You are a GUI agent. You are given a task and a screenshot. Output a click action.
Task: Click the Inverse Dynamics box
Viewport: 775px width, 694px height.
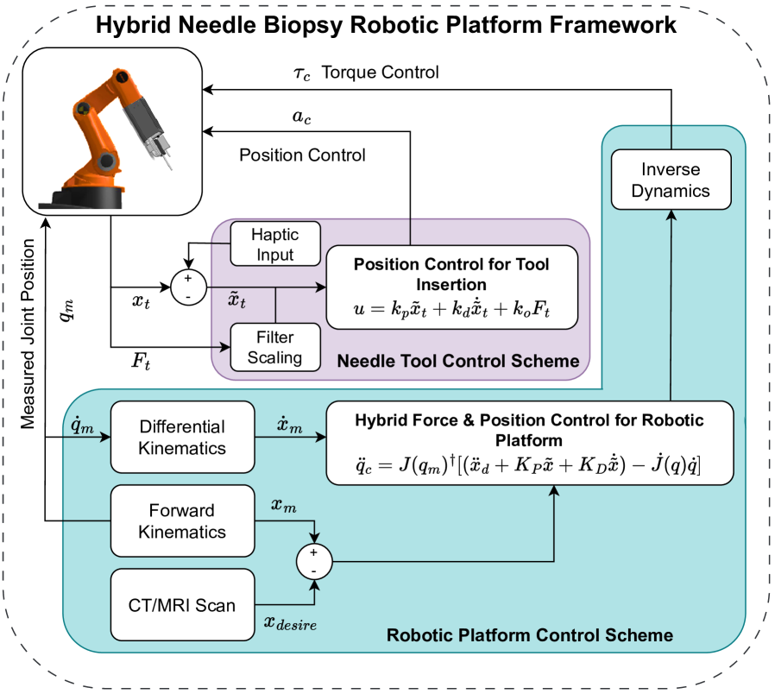671,180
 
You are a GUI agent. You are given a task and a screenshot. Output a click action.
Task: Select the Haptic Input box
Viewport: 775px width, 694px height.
274,244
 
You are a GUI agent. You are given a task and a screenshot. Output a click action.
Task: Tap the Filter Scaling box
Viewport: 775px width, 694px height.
274,346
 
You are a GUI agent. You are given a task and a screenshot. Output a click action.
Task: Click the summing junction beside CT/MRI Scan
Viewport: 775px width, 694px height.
313,563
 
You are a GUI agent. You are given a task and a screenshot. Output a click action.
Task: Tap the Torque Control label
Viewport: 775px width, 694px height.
380,73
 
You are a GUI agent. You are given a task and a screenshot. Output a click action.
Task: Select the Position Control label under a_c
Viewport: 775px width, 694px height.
302,155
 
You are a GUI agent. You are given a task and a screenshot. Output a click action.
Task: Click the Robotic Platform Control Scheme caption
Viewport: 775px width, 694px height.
529,636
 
